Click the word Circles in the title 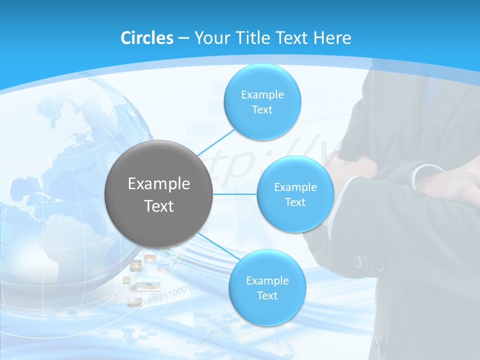tap(147, 38)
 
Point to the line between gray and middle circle tap(235, 194)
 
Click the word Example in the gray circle tap(159, 184)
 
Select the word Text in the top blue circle tap(262, 110)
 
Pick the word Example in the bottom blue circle tap(267, 280)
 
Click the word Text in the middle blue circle tap(295, 202)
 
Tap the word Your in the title tap(210, 38)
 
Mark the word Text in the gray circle tap(159, 206)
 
